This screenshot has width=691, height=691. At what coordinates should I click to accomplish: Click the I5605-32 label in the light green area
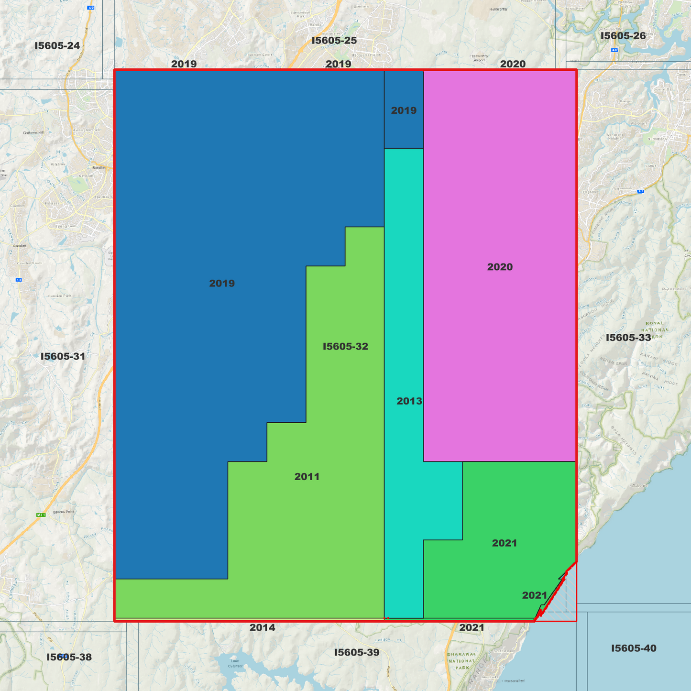coord(345,346)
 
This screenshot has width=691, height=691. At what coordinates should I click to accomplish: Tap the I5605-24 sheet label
coord(57,46)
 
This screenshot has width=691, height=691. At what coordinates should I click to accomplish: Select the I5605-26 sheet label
coord(623,36)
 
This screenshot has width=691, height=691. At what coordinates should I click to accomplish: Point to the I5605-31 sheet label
coord(63,356)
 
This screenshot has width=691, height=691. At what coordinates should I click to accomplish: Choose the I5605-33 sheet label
coord(628,338)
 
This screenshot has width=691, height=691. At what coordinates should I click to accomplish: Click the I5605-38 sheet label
coord(69,657)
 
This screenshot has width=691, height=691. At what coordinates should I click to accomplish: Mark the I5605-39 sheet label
coord(356,652)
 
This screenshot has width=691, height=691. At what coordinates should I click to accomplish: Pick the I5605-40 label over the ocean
coord(633,648)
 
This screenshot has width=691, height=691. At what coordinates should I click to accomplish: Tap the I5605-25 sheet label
coord(334,41)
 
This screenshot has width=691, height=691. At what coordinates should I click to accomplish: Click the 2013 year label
coord(409,401)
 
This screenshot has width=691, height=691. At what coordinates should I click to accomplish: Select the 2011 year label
coord(307,477)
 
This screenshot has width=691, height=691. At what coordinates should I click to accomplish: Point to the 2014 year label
coord(262,628)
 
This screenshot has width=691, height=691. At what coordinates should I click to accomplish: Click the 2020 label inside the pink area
coord(500,267)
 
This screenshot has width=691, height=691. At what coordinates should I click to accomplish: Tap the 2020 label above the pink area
coord(512,64)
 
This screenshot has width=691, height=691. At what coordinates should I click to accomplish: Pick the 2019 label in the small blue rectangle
coord(404,110)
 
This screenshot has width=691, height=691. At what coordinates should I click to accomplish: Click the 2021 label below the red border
coord(472,628)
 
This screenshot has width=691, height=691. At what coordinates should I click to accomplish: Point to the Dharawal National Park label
coord(461,661)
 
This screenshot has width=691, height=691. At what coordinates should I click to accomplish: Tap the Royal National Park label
coord(655,330)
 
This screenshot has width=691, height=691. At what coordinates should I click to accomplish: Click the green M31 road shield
coord(41,515)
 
